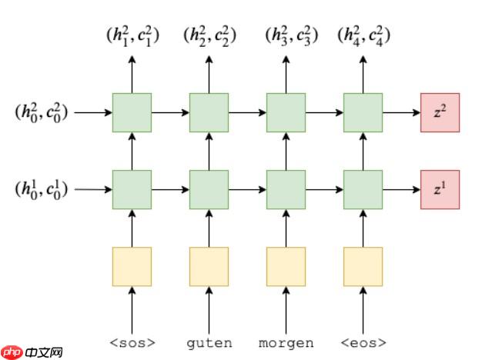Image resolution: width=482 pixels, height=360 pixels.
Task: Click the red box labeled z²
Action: point(440,112)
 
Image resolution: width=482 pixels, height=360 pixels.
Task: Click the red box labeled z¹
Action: point(440,189)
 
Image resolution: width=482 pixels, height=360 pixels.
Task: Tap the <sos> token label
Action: point(132,342)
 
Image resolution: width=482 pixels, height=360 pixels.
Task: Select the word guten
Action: point(209,342)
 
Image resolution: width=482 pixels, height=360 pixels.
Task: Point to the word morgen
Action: point(286,342)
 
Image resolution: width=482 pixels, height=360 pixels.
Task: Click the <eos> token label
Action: point(363,342)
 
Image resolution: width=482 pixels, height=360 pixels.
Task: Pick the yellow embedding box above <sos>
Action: point(132,266)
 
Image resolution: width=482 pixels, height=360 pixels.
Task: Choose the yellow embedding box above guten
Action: point(209,266)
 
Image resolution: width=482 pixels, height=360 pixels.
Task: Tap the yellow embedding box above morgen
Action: point(286,266)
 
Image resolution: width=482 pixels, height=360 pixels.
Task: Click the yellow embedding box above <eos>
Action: point(363,266)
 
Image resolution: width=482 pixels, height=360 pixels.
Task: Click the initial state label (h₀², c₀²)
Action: point(41,112)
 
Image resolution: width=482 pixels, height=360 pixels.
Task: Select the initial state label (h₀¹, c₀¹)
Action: point(41,189)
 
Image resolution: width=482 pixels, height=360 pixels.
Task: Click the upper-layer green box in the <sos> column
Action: point(132,112)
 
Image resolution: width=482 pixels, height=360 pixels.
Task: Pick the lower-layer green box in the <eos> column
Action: point(363,189)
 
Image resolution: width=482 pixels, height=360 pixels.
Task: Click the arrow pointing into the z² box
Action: point(400,112)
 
